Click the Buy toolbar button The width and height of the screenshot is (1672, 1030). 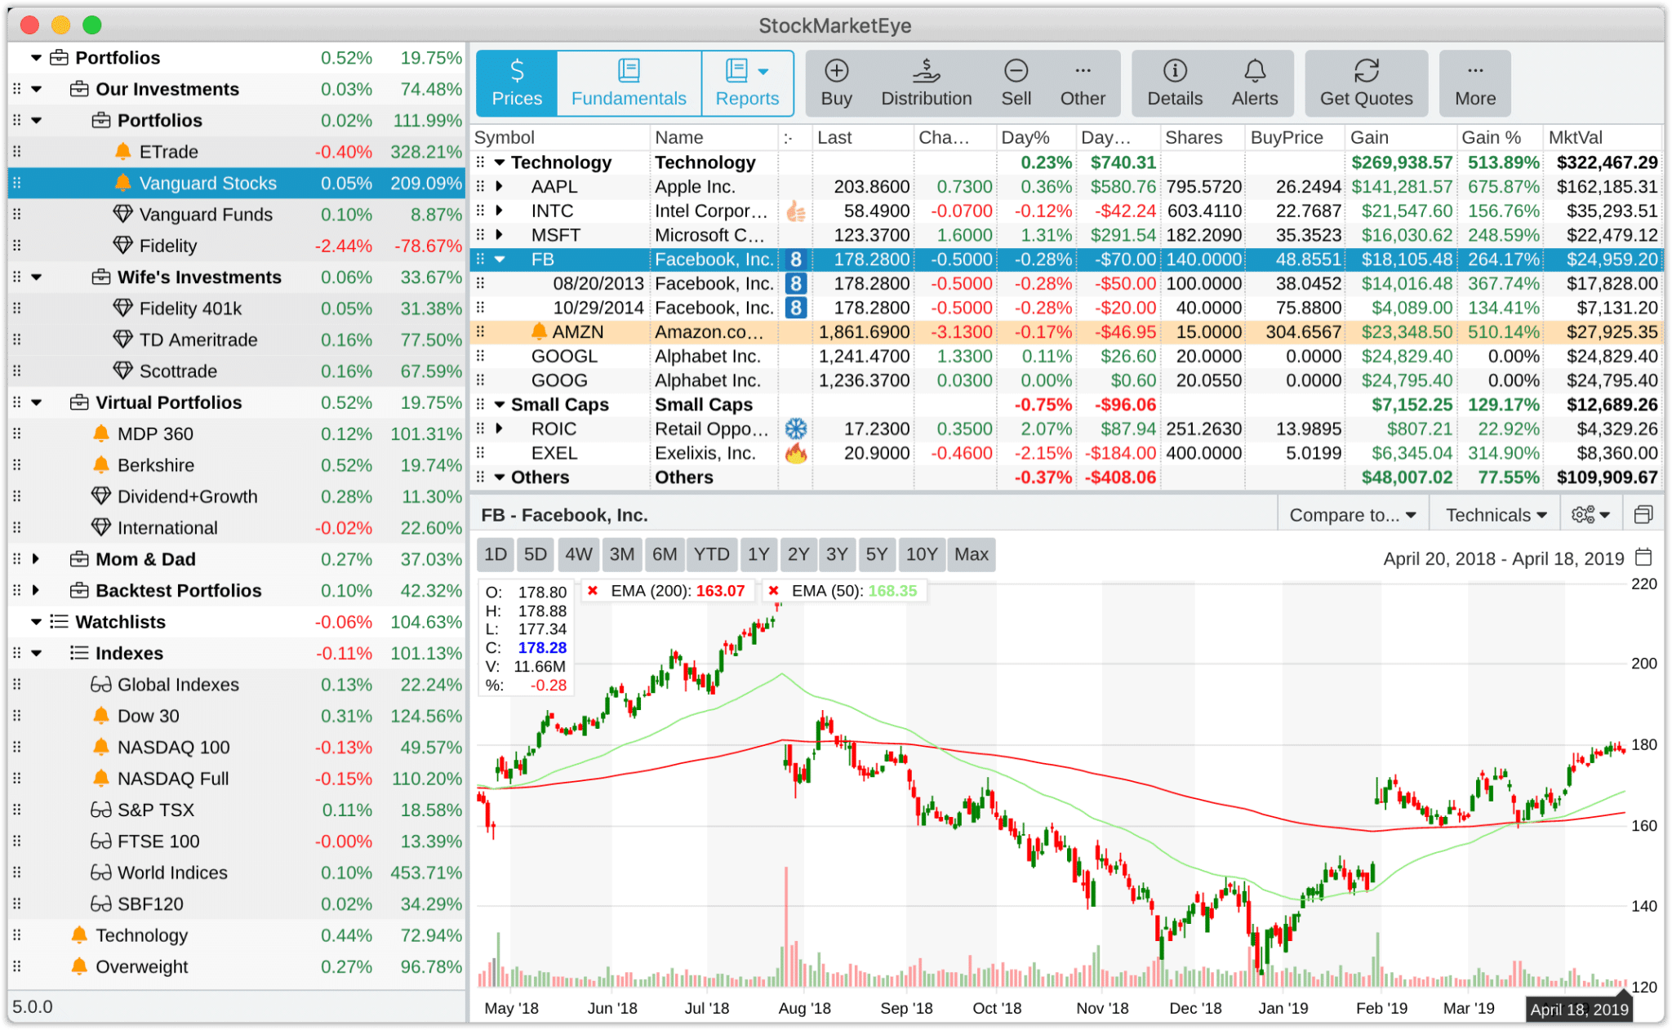836,83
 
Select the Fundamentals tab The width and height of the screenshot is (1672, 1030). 629,83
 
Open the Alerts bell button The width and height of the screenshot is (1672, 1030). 1254,83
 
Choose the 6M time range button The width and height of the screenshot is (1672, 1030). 664,554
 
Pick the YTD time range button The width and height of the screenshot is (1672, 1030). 711,554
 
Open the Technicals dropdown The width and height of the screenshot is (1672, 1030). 1496,515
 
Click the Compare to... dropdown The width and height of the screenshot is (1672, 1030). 1352,515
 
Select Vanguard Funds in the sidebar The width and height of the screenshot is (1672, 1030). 206,215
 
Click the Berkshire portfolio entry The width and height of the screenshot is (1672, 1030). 156,465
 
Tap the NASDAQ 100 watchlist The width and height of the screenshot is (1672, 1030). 173,748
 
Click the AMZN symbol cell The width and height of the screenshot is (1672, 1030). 577,332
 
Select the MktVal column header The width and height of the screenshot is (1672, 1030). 1575,137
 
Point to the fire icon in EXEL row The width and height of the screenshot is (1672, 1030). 795,454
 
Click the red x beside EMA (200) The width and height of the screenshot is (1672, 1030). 593,591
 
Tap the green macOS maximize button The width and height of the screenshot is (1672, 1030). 92,24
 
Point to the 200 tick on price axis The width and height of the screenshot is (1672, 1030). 1643,664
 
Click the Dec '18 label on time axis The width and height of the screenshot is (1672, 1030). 1194,1008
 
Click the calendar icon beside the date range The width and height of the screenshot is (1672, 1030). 1643,557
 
